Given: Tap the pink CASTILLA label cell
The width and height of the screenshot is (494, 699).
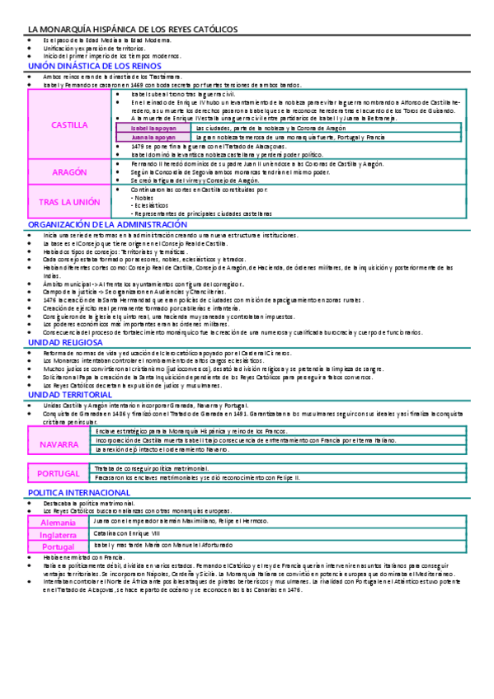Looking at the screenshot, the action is click(69, 125).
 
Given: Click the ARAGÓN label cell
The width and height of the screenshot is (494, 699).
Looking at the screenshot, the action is click(69, 173).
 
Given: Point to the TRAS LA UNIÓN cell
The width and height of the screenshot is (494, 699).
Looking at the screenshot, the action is click(69, 201).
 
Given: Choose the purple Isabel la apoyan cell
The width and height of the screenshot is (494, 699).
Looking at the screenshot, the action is click(153, 128).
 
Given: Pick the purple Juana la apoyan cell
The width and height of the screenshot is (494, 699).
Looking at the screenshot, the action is click(153, 137).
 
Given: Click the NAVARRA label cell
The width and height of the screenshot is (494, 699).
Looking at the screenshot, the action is click(59, 444).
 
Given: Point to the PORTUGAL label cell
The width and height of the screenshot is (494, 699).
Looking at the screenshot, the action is click(59, 473).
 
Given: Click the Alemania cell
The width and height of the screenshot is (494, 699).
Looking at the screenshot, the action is click(58, 523).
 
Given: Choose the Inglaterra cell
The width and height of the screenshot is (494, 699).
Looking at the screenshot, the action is click(58, 534).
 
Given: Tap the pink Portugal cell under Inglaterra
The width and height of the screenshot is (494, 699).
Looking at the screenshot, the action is click(58, 546).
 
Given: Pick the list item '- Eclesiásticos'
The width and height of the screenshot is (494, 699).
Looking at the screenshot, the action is click(153, 206).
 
